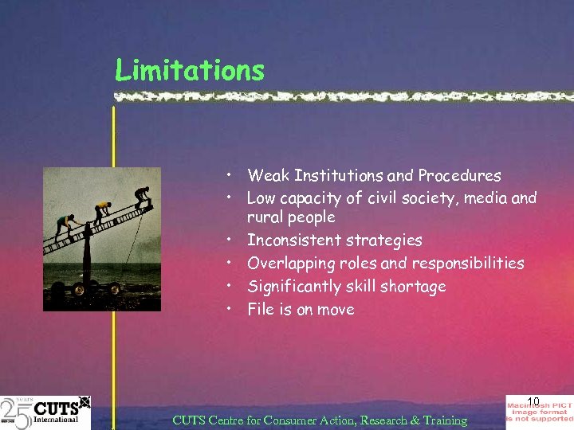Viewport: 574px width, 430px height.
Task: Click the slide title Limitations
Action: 189,70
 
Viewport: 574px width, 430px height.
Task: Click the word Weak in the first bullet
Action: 266,175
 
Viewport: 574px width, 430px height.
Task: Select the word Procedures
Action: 462,175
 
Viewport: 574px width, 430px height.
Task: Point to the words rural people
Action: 291,217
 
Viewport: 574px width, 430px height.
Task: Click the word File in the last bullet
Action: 260,309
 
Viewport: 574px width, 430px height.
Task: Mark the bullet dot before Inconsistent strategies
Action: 228,240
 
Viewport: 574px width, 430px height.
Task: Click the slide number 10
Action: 533,401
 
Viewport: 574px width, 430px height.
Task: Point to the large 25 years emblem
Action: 16,412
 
